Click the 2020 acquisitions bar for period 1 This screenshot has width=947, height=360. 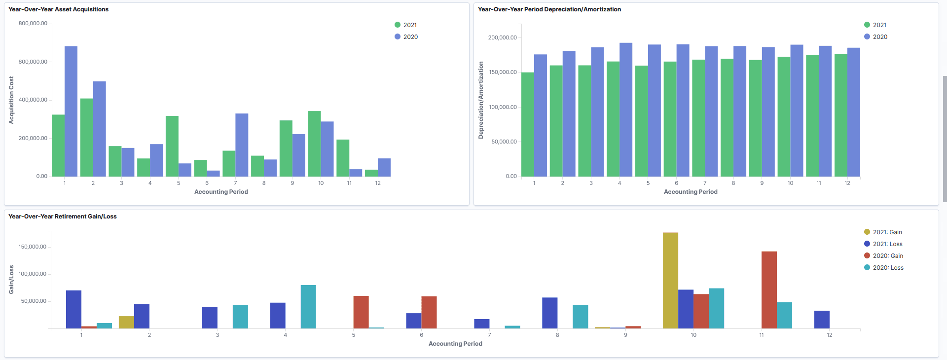(71, 111)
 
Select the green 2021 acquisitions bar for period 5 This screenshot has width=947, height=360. (172, 146)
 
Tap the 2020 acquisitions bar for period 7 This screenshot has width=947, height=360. (242, 145)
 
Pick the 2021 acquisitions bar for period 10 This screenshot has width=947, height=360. (314, 144)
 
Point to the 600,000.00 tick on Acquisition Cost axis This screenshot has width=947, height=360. (33, 62)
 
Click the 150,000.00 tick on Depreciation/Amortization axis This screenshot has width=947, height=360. (503, 72)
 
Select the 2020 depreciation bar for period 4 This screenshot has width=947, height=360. (626, 110)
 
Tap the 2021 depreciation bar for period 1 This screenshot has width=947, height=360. (528, 125)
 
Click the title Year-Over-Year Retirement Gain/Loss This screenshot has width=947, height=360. (63, 216)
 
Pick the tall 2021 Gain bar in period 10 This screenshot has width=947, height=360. (670, 281)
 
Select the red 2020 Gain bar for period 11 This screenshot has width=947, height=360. (769, 290)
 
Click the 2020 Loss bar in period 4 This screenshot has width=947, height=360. (308, 307)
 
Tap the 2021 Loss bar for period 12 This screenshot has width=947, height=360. (822, 320)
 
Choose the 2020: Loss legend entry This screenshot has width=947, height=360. (884, 267)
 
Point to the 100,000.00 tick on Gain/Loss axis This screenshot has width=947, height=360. (33, 274)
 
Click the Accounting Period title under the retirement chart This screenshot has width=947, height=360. (455, 344)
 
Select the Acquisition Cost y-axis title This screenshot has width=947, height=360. (11, 100)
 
